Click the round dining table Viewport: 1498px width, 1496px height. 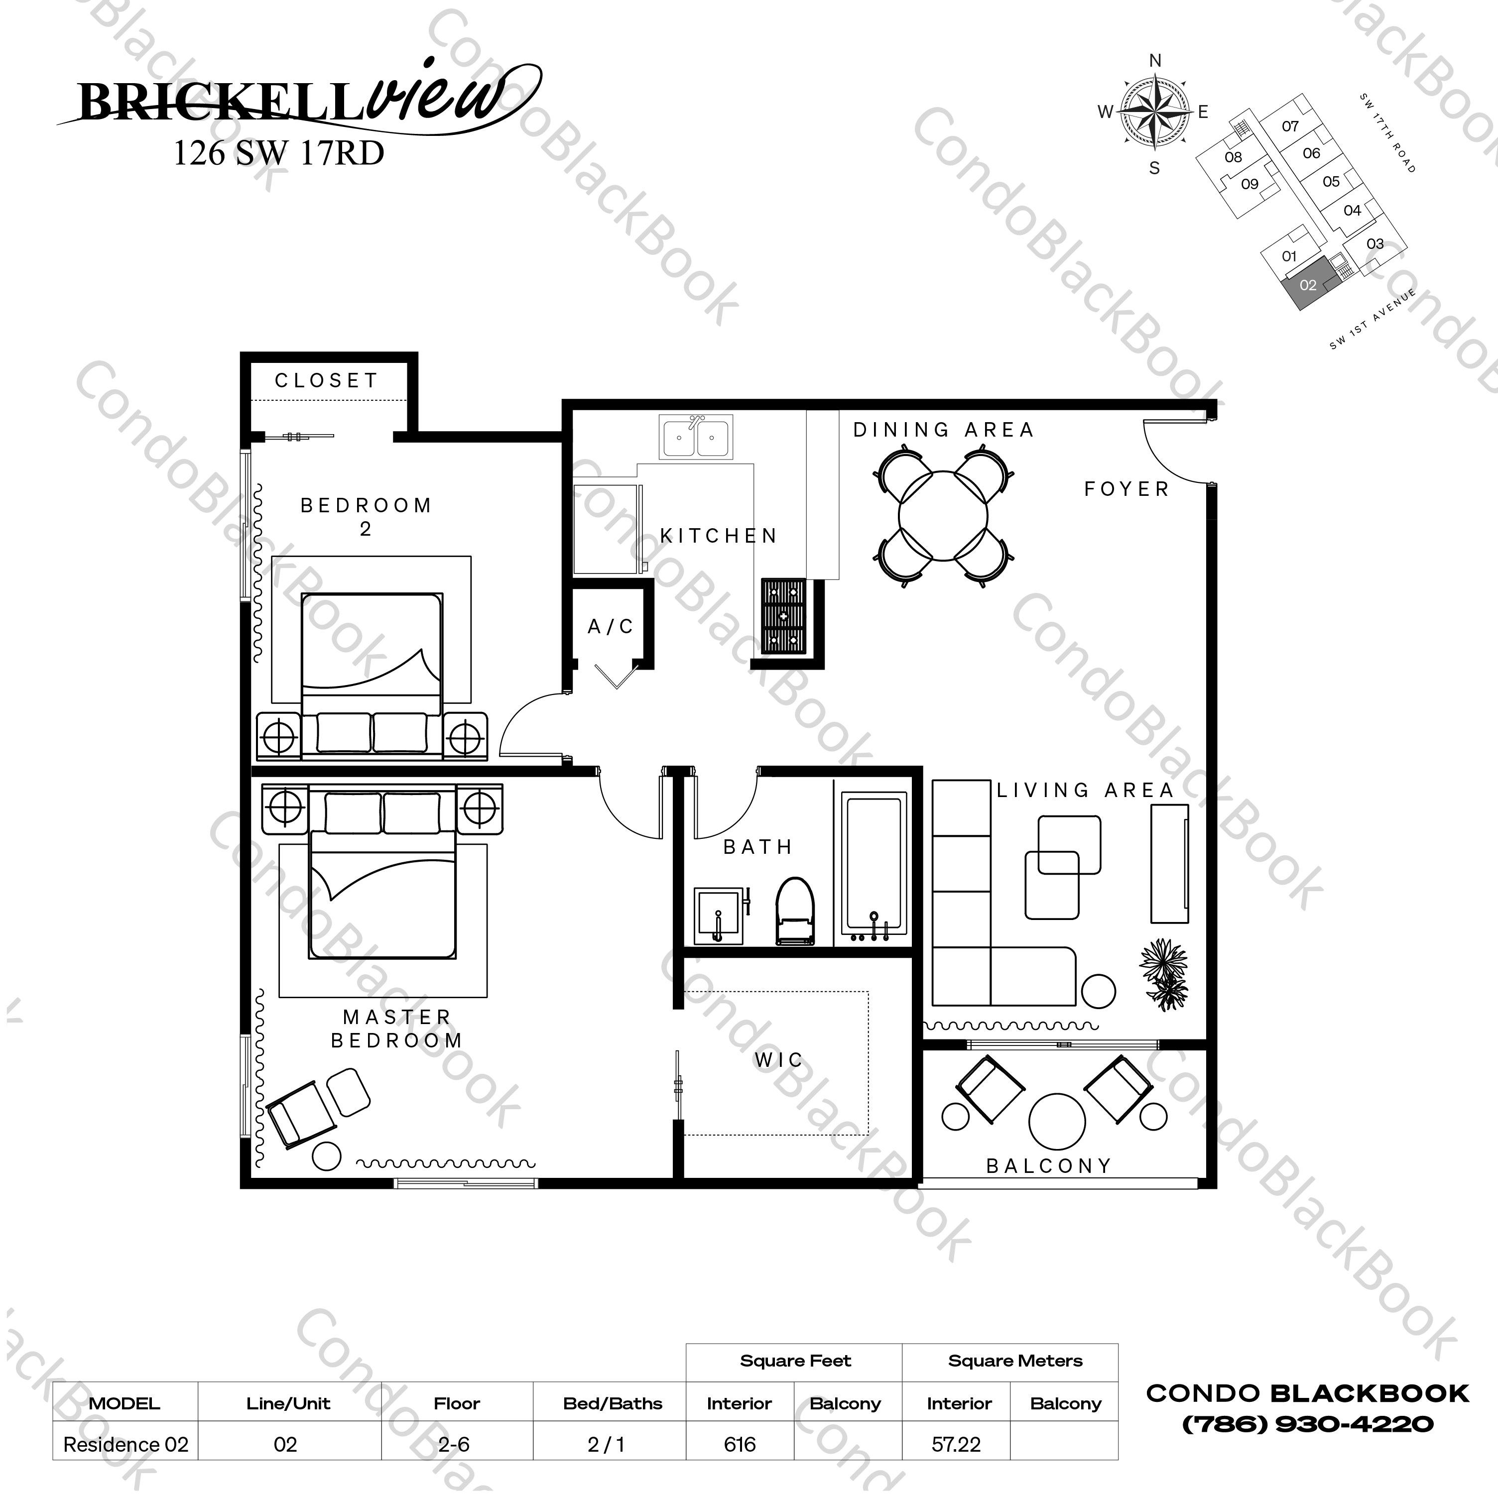click(943, 516)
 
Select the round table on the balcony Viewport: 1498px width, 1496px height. click(1057, 1121)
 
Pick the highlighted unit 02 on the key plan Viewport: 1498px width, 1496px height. click(1308, 285)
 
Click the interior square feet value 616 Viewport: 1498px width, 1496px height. click(739, 1444)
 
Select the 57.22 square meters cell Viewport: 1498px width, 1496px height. click(956, 1444)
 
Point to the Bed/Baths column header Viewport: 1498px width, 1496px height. click(613, 1403)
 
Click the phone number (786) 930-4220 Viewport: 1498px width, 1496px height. click(1307, 1424)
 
